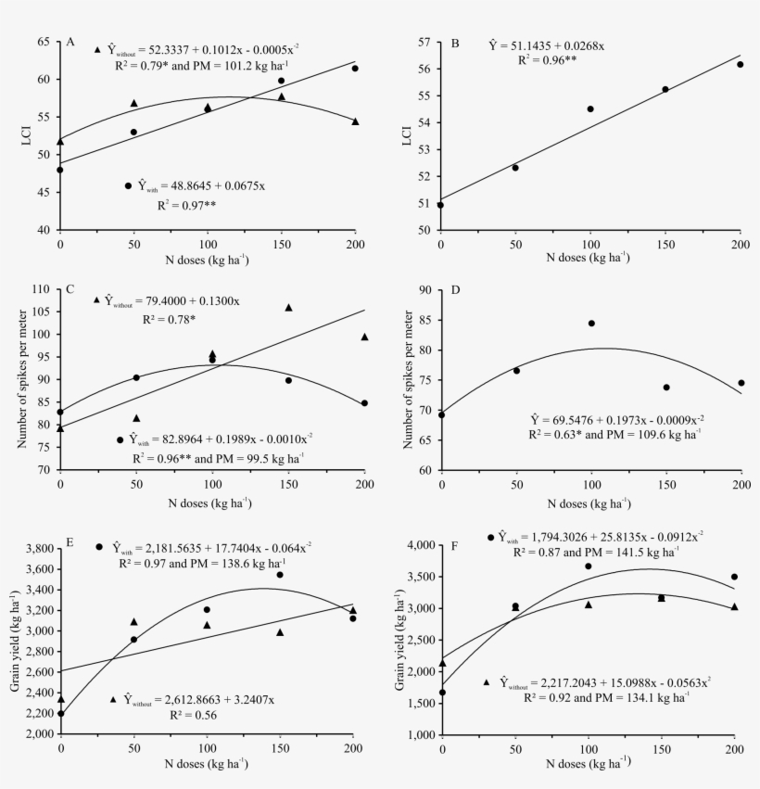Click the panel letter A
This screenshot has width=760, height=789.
point(70,42)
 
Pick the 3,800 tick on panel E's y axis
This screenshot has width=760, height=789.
point(38,549)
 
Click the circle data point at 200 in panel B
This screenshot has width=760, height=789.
point(740,64)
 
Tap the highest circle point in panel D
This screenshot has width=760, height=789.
point(591,324)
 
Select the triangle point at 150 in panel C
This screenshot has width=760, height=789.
point(288,308)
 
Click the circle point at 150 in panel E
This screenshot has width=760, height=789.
point(280,575)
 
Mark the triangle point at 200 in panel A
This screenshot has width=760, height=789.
point(355,121)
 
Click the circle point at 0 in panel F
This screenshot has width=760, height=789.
point(442,692)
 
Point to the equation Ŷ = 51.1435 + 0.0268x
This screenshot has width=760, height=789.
point(547,45)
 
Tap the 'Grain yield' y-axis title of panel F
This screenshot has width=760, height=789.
point(400,640)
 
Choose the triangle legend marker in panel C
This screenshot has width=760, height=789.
point(96,299)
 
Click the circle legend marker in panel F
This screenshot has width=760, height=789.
point(490,537)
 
